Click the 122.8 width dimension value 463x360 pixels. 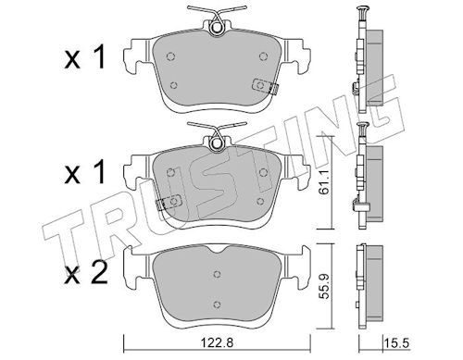[x=217, y=342]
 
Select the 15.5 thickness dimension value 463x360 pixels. [x=397, y=343]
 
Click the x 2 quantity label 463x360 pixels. [x=86, y=273]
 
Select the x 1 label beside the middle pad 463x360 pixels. [x=84, y=173]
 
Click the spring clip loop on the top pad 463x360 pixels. [x=217, y=28]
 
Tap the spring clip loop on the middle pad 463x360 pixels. [x=217, y=143]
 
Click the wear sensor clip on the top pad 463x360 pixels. [x=265, y=86]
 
